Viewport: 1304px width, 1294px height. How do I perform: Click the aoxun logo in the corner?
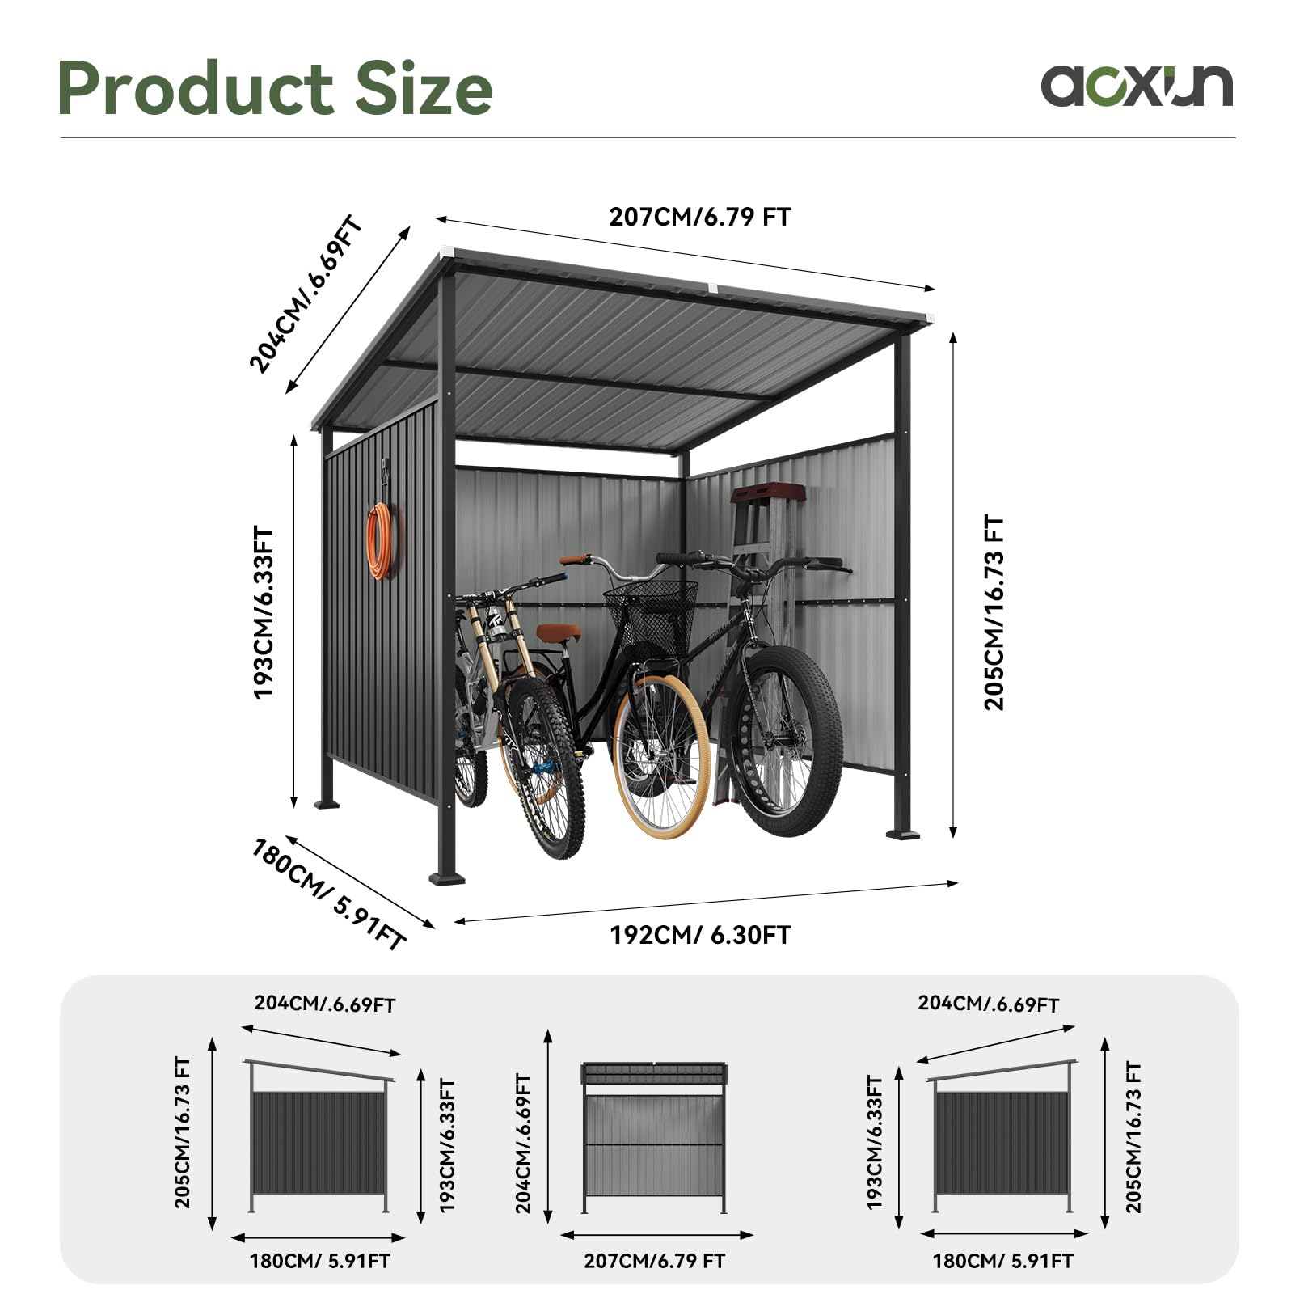(x=1137, y=86)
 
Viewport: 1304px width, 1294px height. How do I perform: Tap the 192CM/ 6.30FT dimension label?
(x=700, y=935)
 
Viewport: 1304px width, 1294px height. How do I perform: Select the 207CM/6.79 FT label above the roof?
(x=700, y=217)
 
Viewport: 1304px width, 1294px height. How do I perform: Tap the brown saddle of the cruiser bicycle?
(x=559, y=632)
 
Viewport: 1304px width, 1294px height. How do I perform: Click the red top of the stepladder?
(x=767, y=493)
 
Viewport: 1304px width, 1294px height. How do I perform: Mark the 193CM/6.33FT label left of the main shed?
(x=264, y=613)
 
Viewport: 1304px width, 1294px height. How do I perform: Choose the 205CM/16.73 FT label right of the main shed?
(x=994, y=613)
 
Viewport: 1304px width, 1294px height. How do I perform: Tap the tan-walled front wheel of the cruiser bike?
(x=661, y=757)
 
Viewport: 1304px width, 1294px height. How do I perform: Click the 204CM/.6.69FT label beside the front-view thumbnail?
(x=524, y=1144)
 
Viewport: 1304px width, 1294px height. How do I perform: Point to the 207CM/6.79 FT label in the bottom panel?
(x=655, y=1261)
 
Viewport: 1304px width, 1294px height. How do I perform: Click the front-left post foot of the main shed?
(x=446, y=877)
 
